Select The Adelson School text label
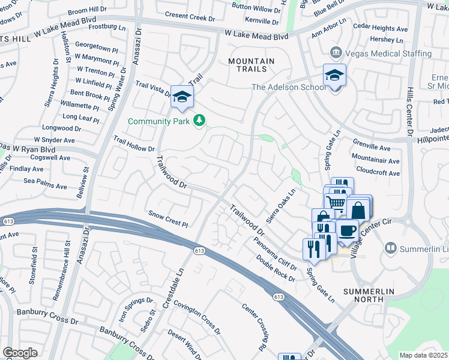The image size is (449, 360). tap(289, 87)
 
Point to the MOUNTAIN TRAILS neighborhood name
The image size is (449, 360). tap(252, 66)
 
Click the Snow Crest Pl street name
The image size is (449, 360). tap(168, 218)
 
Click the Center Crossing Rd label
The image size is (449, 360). tap(254, 327)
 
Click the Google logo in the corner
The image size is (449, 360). tap(20, 352)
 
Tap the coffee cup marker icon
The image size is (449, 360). tap(348, 231)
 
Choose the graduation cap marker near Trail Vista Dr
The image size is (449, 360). tap(182, 97)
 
